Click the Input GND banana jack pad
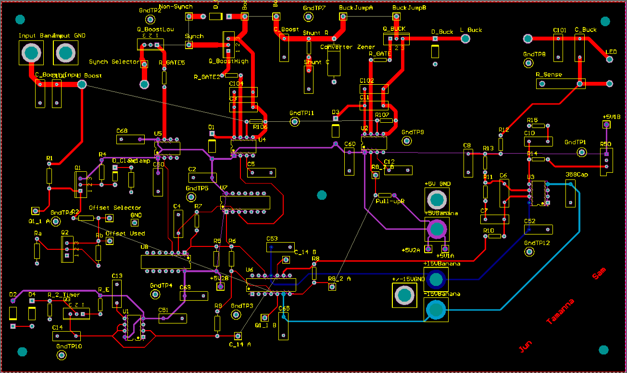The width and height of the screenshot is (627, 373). pos(66,52)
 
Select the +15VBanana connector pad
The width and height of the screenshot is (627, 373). pos(436,279)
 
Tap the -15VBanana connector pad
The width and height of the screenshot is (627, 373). pos(436,309)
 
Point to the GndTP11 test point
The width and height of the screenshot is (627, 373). pos(295,122)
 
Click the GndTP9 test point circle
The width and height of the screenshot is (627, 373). pos(407,141)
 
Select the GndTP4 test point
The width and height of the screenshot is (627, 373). pos(155,294)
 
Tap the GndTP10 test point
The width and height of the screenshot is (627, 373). pos(62,355)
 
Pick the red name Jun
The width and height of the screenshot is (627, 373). pos(525,346)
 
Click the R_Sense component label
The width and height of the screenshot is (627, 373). pos(549,75)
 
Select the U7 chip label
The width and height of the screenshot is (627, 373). pos(224,187)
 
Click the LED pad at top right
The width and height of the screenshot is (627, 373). pos(610,60)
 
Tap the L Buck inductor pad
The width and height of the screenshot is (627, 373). pos(465,39)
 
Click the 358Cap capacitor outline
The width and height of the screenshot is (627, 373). pos(570,193)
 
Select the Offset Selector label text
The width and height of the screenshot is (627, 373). pos(115,208)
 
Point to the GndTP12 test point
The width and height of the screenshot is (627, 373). pos(529,252)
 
